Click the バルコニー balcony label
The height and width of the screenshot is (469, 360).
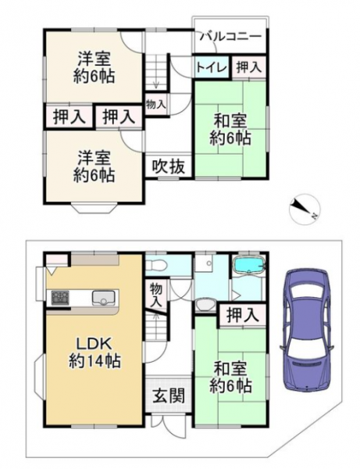(x=230, y=37)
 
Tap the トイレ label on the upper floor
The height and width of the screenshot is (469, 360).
(x=212, y=68)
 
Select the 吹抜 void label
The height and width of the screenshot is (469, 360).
(x=168, y=166)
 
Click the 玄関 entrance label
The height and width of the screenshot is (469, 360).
(x=169, y=396)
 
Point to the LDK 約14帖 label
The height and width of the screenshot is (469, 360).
(x=94, y=353)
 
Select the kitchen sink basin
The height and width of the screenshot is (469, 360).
(x=103, y=298)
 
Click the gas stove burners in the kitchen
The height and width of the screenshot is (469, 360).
(x=60, y=298)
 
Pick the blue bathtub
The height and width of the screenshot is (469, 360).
(x=249, y=265)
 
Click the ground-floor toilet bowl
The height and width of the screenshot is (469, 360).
(x=155, y=264)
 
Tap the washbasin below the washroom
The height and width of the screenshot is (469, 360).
(x=205, y=305)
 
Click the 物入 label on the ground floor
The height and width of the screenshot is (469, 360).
(x=155, y=295)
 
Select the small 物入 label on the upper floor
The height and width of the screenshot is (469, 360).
(x=155, y=104)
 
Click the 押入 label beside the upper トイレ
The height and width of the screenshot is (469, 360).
(x=249, y=67)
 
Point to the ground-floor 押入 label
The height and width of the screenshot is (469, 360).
(x=242, y=315)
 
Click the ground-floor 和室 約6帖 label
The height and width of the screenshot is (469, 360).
(x=230, y=378)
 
